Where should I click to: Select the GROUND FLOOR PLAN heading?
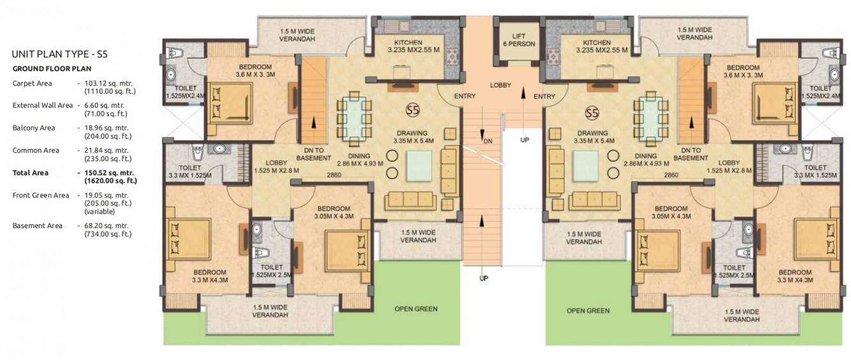[52, 68]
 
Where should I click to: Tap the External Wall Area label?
[42, 106]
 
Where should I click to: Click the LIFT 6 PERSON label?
[518, 40]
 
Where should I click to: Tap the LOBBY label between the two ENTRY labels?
[500, 85]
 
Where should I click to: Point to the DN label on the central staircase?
[488, 140]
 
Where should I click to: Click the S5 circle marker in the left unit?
[413, 110]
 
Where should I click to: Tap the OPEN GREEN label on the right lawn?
[588, 311]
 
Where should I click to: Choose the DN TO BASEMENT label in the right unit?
[690, 154]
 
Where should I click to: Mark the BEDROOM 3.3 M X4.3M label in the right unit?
[795, 276]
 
